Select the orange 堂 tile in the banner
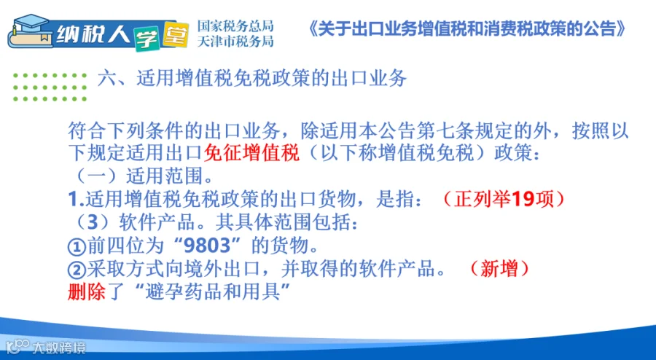coord(175,34)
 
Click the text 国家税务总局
coord(235,26)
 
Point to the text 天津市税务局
coord(235,41)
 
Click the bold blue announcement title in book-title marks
coord(467,29)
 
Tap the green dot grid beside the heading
coord(50,87)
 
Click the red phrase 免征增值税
coord(251,153)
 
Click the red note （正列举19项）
coord(503,199)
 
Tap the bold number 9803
coord(207,246)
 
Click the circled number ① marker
coord(77,247)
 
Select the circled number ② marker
coord(77,270)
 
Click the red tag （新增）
coord(499,268)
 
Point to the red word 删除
coord(86,291)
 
